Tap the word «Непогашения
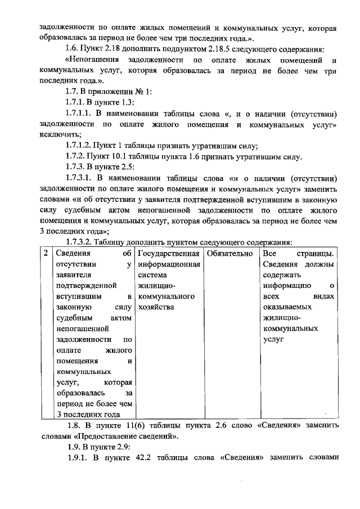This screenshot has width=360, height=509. point(97,61)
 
